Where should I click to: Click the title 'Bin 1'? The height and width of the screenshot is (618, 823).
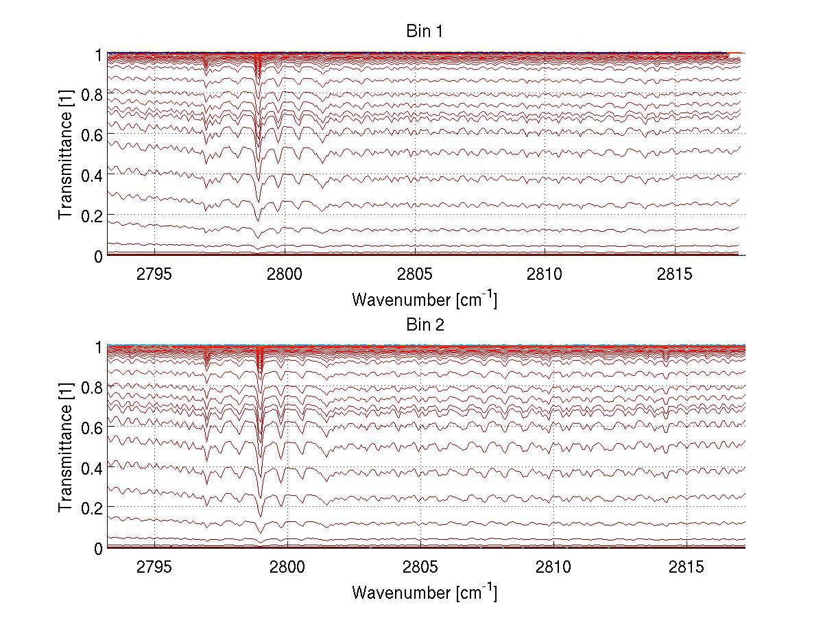pyautogui.click(x=425, y=32)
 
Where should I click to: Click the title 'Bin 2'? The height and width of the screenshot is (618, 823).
pyautogui.click(x=425, y=324)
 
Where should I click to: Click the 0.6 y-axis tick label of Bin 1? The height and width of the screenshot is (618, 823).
pyautogui.click(x=91, y=134)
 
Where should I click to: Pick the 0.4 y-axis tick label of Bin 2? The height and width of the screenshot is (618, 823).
pyautogui.click(x=91, y=468)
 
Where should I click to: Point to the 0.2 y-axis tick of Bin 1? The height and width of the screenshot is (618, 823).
pyautogui.click(x=91, y=215)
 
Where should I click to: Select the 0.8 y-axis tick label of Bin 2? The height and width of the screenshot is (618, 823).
pyautogui.click(x=91, y=387)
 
